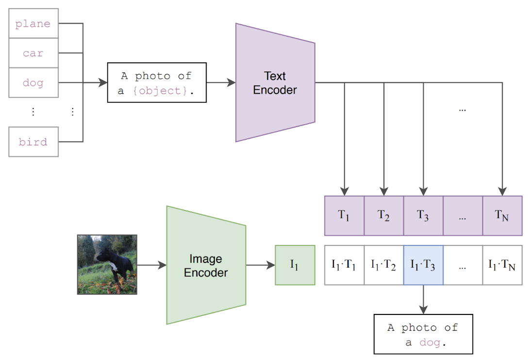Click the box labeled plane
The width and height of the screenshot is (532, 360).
click(33, 23)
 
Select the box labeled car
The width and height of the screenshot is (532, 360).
click(33, 53)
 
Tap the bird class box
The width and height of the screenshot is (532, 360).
click(33, 142)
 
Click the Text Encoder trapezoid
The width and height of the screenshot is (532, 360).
click(275, 82)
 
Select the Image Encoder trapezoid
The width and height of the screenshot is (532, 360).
click(206, 265)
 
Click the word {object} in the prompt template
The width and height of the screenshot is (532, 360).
click(160, 91)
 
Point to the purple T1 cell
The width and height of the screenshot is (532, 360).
click(344, 215)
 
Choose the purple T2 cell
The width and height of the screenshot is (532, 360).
click(384, 215)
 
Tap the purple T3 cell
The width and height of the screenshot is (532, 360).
click(423, 215)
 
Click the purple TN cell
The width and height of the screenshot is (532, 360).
click(502, 215)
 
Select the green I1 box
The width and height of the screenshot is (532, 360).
click(295, 265)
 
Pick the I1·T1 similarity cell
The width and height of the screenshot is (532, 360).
click(344, 265)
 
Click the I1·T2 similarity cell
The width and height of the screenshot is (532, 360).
click(384, 265)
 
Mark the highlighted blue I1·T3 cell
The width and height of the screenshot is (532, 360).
click(423, 265)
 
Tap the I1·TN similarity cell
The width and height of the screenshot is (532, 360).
click(502, 265)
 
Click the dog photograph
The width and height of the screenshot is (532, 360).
click(107, 264)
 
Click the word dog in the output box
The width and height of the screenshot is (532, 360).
click(430, 343)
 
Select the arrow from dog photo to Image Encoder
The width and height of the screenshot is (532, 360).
click(151, 265)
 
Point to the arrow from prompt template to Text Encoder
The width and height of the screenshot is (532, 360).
click(221, 82)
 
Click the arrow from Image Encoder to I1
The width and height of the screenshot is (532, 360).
click(261, 265)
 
